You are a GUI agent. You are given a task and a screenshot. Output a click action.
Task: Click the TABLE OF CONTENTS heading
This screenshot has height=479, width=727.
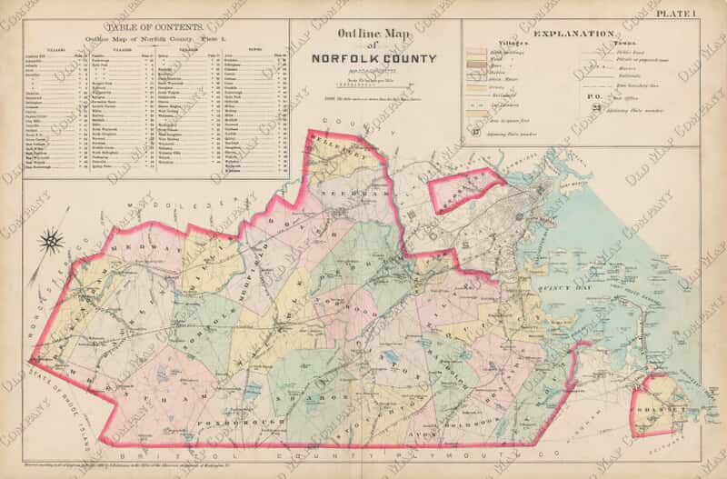tap(147, 28)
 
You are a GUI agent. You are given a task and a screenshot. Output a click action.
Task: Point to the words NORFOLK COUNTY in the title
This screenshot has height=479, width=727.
tap(373, 61)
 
